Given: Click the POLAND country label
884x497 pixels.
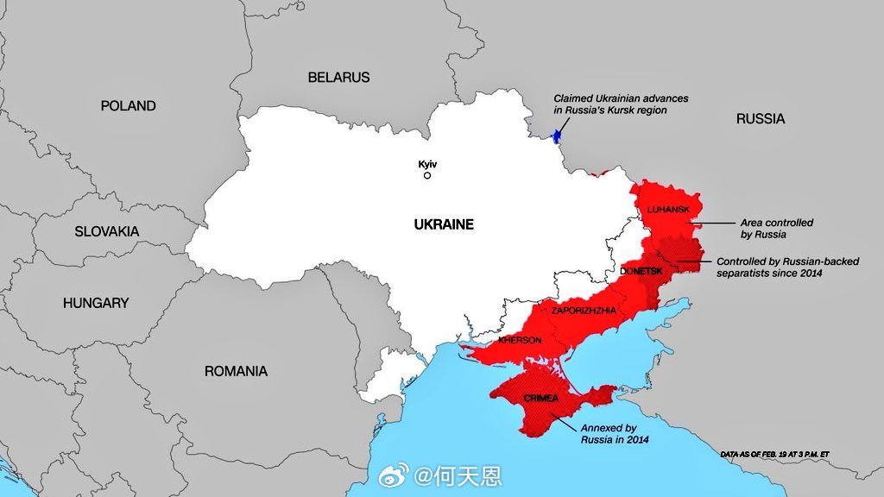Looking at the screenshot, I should [x=128, y=106].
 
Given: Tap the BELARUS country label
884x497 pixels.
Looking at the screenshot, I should [x=338, y=78].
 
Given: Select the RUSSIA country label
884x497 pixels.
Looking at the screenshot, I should [x=761, y=119].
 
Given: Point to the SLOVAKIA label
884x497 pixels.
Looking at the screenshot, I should [x=106, y=231].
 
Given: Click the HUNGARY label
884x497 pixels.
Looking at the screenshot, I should [x=96, y=303].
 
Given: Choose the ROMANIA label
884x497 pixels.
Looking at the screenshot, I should [x=236, y=371].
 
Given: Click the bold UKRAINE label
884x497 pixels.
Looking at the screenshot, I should [x=444, y=224].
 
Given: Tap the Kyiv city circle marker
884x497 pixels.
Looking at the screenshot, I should [x=426, y=175].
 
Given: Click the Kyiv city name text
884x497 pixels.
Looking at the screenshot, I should [x=427, y=163].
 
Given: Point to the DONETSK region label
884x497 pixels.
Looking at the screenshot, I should [x=641, y=271].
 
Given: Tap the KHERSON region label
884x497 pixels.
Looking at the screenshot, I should [x=520, y=340].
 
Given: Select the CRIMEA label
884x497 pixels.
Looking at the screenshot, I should [x=540, y=398].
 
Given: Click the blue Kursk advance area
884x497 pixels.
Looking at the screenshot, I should [x=557, y=133].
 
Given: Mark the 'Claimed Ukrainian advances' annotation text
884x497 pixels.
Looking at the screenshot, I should [x=610, y=104].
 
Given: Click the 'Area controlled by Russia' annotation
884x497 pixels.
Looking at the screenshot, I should [x=776, y=229].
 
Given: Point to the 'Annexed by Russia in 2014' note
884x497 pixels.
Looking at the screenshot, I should [x=614, y=433].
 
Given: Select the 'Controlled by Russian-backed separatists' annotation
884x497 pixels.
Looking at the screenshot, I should [x=787, y=267].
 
